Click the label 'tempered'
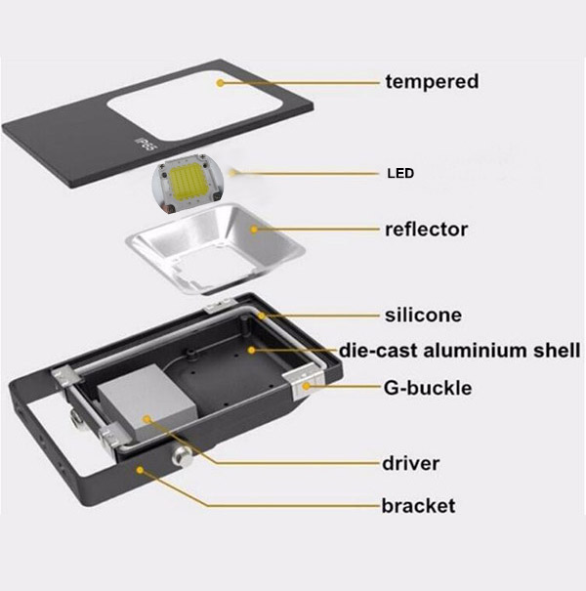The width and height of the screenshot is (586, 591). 432,81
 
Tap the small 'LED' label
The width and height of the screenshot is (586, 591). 398,175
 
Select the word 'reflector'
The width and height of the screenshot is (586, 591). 426,230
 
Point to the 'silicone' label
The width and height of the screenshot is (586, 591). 423,316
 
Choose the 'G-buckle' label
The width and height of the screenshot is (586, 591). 427,388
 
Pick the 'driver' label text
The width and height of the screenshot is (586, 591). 410,462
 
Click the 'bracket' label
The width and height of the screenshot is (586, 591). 417,505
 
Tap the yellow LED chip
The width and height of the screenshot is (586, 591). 186,184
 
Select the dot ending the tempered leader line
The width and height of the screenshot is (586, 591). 222,83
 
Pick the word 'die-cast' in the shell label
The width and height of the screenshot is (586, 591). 373,350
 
